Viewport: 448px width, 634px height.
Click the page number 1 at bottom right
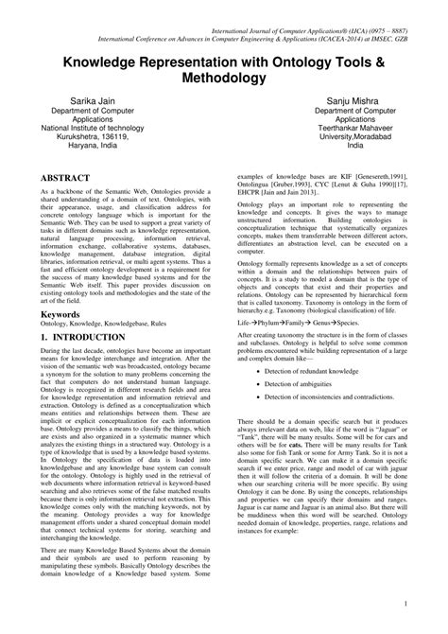[431, 601]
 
